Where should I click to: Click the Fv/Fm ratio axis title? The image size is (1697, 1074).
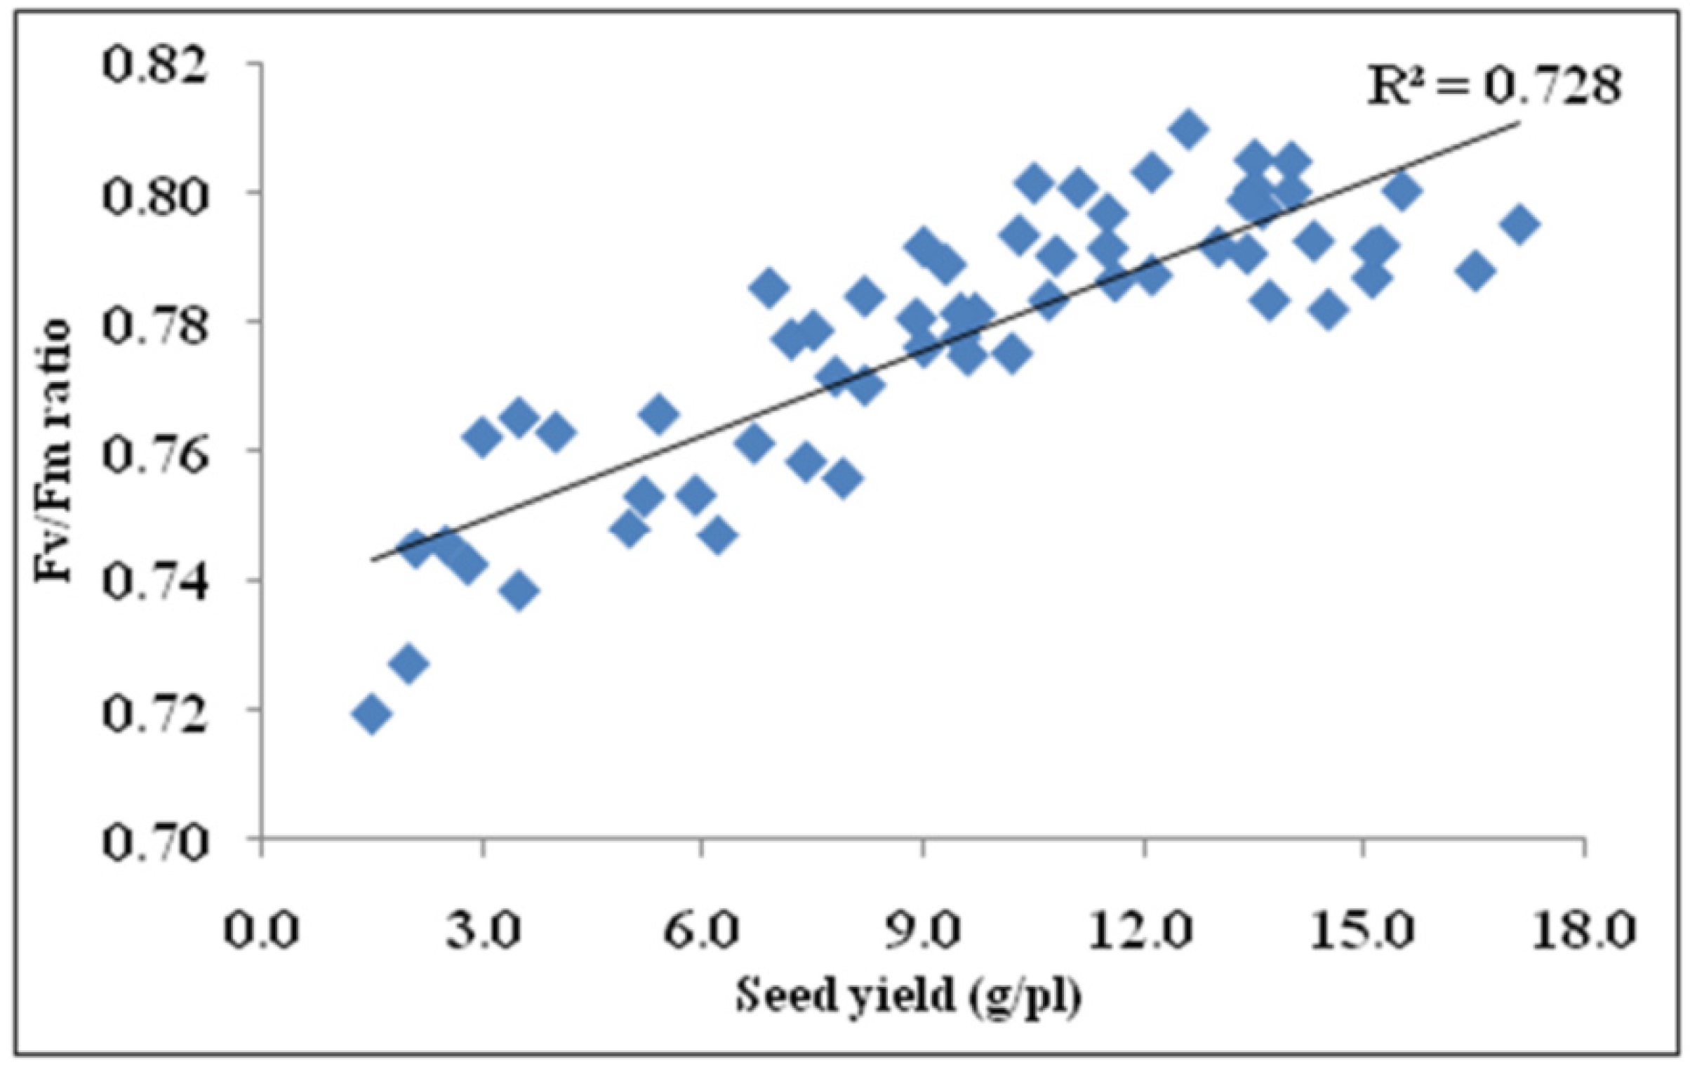pyautogui.click(x=54, y=452)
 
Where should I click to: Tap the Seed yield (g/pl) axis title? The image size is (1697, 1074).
pyautogui.click(x=909, y=1000)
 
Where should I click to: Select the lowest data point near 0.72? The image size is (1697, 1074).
pyautogui.click(x=371, y=715)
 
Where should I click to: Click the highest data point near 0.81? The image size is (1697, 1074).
pyautogui.click(x=1188, y=130)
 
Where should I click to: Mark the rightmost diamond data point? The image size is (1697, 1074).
pyautogui.click(x=1519, y=224)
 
